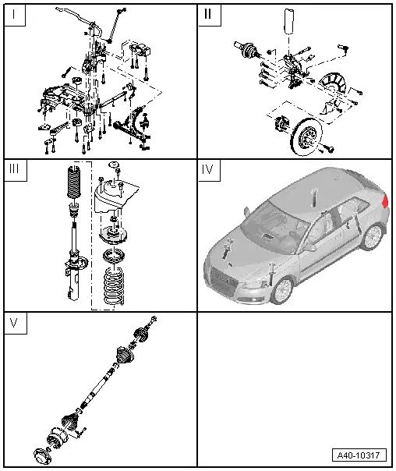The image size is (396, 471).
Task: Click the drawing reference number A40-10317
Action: coord(361,455)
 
